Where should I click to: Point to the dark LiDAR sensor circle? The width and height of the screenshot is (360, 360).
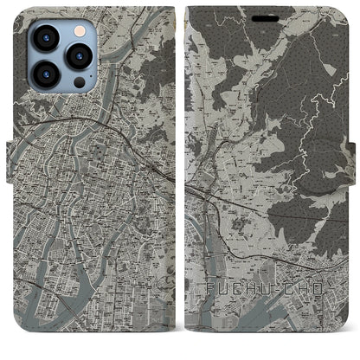(x=79, y=82)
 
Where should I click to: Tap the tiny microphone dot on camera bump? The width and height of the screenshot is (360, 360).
(x=66, y=57)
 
